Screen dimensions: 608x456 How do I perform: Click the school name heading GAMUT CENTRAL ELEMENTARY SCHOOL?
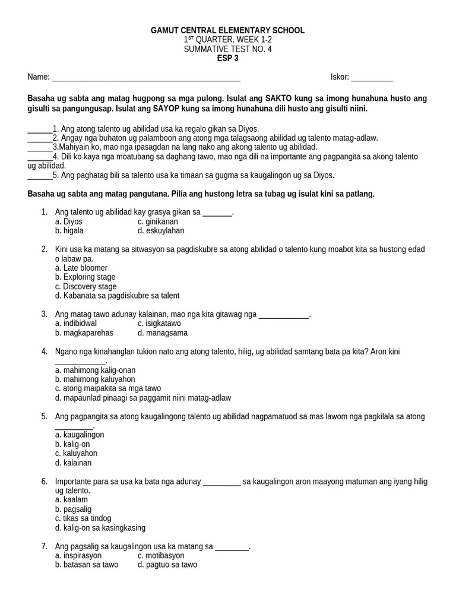(x=228, y=30)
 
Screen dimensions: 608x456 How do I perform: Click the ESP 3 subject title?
(x=228, y=58)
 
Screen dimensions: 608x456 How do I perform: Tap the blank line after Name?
(x=145, y=78)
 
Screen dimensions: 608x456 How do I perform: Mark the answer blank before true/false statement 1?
(x=40, y=129)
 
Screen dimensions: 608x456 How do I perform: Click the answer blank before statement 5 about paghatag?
(x=40, y=175)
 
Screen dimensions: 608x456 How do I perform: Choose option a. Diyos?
(x=68, y=221)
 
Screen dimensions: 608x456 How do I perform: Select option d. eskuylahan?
(x=161, y=230)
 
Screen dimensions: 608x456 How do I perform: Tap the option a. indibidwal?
(x=75, y=324)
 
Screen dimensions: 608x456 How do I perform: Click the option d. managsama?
(x=162, y=332)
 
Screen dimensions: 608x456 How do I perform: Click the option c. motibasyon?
(x=161, y=555)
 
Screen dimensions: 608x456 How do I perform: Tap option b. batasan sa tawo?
(x=87, y=565)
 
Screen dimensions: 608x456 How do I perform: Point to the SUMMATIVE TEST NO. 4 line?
(x=228, y=49)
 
